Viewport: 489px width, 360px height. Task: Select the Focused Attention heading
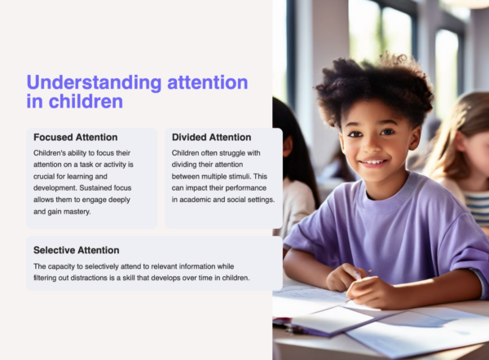(76, 137)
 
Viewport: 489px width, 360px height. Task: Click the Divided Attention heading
(211, 137)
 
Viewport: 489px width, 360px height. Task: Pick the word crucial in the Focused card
(48, 176)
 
